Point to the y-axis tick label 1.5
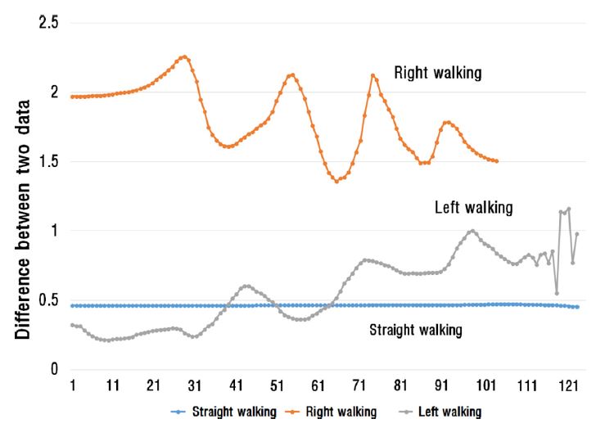(x=49, y=161)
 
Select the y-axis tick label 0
(x=54, y=369)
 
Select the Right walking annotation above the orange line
(x=437, y=73)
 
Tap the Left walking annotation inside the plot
(x=473, y=209)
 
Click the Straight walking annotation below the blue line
(x=417, y=331)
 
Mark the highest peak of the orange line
(x=184, y=56)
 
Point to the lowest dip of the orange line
(x=336, y=181)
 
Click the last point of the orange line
(x=497, y=161)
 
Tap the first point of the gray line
(x=73, y=325)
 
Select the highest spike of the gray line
(x=569, y=209)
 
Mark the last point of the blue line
(x=577, y=307)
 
